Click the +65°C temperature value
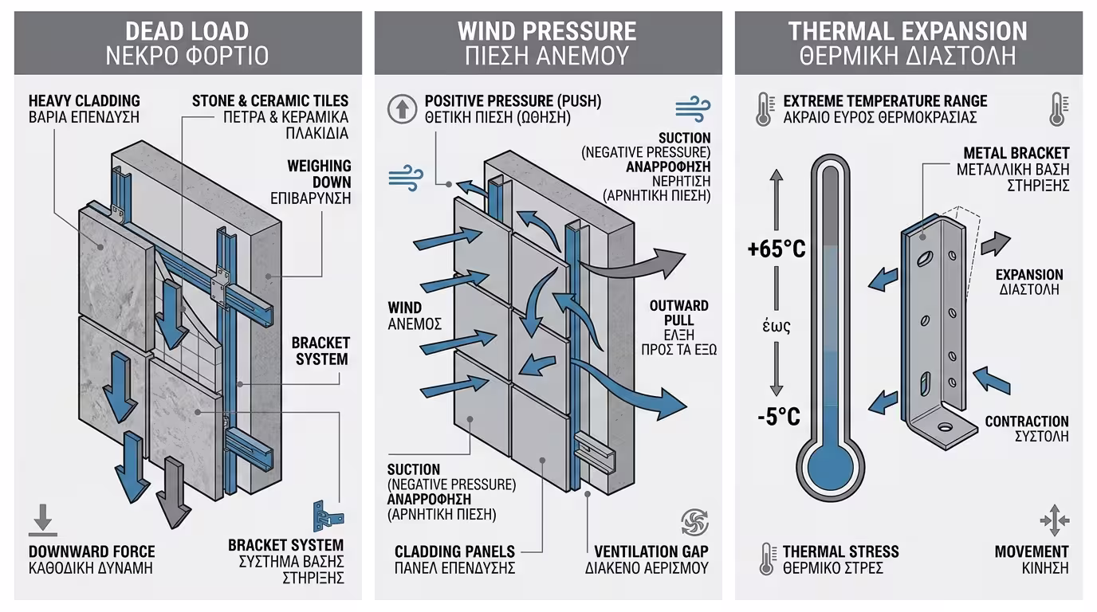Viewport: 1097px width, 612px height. (777, 249)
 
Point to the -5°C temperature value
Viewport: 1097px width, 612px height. (779, 417)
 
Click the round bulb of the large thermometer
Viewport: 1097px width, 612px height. (830, 467)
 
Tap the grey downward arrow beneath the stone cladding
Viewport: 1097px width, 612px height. (173, 492)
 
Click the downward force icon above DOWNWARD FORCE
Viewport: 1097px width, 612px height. (43, 520)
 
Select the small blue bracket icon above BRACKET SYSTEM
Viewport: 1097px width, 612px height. (328, 516)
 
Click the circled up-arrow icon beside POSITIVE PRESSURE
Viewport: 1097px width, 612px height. (402, 108)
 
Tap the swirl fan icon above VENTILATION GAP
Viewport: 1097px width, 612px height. (695, 522)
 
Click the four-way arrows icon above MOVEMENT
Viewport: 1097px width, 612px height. (1055, 520)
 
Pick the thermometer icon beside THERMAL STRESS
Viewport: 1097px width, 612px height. (766, 559)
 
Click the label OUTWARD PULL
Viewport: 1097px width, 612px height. (678, 313)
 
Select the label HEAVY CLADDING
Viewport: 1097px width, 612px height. (85, 101)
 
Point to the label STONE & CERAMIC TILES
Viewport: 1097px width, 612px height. (269, 101)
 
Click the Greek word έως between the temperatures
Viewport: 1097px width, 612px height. (777, 326)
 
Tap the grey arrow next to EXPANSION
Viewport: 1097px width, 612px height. (996, 244)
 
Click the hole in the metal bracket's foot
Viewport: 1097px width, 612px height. (945, 427)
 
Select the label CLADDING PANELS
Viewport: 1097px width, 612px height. (454, 551)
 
